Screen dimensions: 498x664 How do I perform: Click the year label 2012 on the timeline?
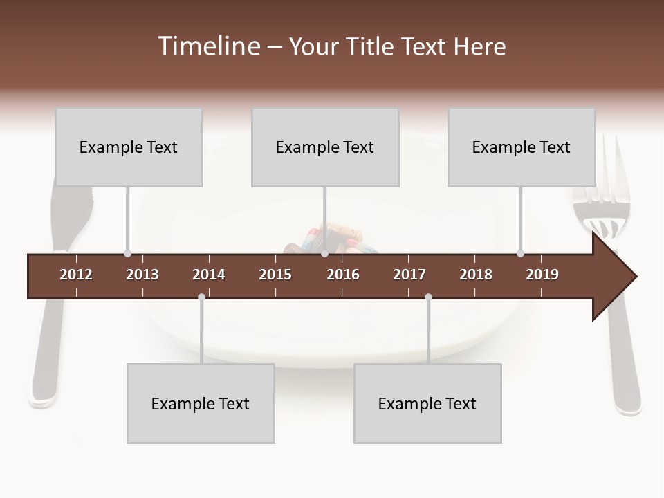coord(76,275)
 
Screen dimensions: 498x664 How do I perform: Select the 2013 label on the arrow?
coord(142,275)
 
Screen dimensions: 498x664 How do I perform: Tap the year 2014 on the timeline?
coord(209,275)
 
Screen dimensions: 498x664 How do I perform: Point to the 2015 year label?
coord(275,275)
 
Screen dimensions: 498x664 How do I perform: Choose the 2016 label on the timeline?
coord(343,275)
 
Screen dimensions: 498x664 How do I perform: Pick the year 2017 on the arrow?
coord(409,275)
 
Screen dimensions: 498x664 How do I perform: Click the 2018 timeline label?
coord(476,275)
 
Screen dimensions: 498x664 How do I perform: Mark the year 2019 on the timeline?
coord(542,275)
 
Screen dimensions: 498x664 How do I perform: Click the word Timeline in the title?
coord(207,46)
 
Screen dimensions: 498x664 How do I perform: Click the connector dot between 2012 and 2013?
coord(127,254)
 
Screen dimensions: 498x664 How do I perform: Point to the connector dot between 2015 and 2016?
coord(324,254)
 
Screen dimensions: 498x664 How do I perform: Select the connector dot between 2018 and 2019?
coord(520,254)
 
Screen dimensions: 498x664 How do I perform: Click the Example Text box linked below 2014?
coord(201,403)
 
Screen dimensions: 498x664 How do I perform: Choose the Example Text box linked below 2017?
coord(427,403)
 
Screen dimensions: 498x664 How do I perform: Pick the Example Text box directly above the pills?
coord(325,147)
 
